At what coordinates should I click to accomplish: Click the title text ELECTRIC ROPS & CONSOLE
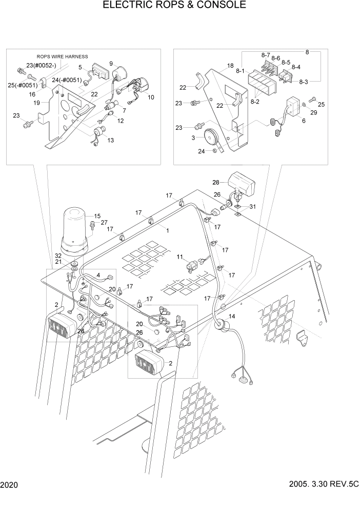[174, 6]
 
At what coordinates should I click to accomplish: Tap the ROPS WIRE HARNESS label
[62, 56]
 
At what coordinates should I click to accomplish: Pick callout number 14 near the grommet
[232, 317]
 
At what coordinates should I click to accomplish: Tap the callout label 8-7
[265, 55]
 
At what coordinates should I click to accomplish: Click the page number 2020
[9, 484]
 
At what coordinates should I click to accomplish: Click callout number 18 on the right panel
[230, 66]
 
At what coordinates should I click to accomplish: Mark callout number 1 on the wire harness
[167, 231]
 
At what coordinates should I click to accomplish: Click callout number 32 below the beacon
[58, 256]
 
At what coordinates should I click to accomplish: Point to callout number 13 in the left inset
[111, 140]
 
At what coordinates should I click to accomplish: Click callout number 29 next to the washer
[314, 112]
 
